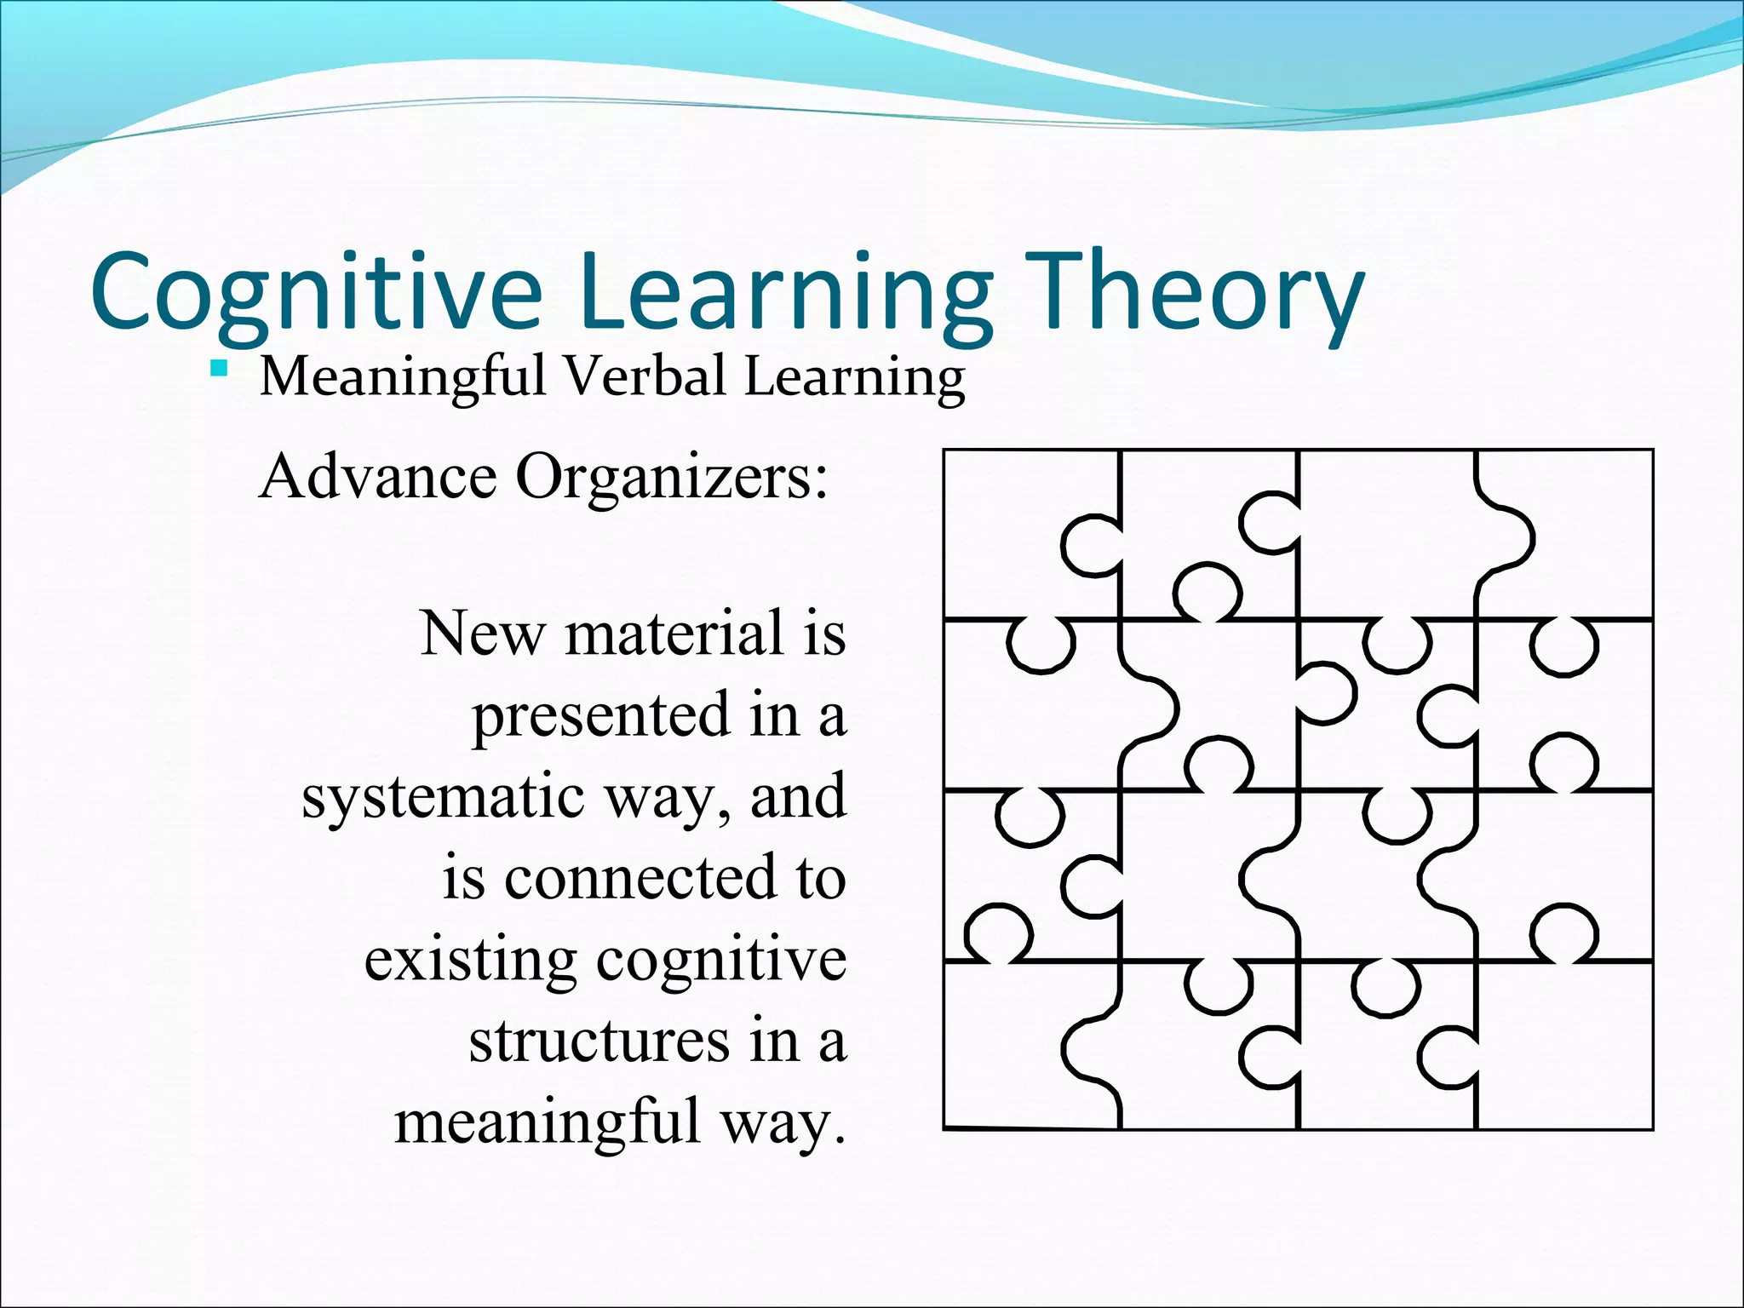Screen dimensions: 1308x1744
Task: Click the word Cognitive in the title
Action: coord(315,291)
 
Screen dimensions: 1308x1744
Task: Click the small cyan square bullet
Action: coord(220,369)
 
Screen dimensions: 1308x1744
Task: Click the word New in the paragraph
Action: coord(481,634)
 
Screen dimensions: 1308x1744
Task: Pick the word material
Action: coord(673,634)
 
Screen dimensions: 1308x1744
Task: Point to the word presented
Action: coord(601,715)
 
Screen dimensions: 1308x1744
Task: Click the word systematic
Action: coord(443,797)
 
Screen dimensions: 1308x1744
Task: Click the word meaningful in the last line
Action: coord(546,1122)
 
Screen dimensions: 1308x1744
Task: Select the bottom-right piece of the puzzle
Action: coord(1575,1047)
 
